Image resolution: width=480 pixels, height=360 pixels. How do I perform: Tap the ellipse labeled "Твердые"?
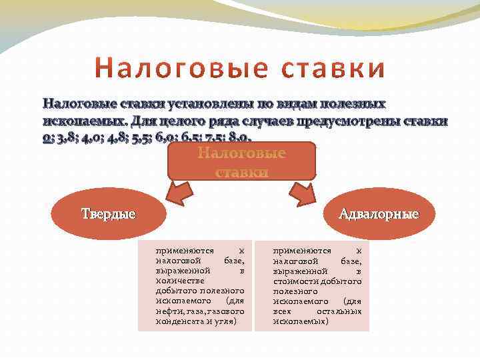[108, 214]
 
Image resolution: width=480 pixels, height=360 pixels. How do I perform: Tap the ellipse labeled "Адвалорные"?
[378, 214]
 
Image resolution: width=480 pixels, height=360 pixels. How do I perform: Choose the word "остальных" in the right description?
[339, 311]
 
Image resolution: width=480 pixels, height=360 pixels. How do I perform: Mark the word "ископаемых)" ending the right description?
[301, 321]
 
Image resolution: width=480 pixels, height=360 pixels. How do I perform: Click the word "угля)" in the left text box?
[229, 321]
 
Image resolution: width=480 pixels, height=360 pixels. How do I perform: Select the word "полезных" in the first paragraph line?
[353, 104]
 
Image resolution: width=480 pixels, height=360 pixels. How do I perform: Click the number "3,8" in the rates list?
[66, 139]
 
